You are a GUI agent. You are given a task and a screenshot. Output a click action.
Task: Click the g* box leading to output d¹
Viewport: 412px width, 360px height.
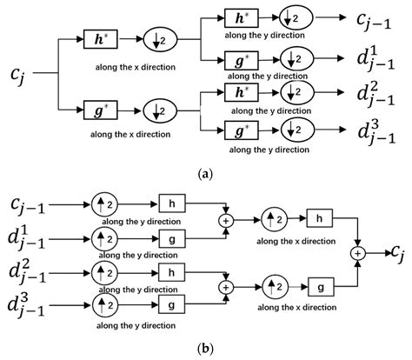click(x=236, y=60)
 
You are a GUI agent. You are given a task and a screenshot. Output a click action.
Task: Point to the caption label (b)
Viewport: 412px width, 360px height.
click(x=205, y=350)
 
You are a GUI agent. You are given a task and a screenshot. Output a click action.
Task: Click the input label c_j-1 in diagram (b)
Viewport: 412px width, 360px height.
click(x=29, y=206)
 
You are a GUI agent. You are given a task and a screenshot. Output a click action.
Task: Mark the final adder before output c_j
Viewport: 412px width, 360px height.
click(x=357, y=252)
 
